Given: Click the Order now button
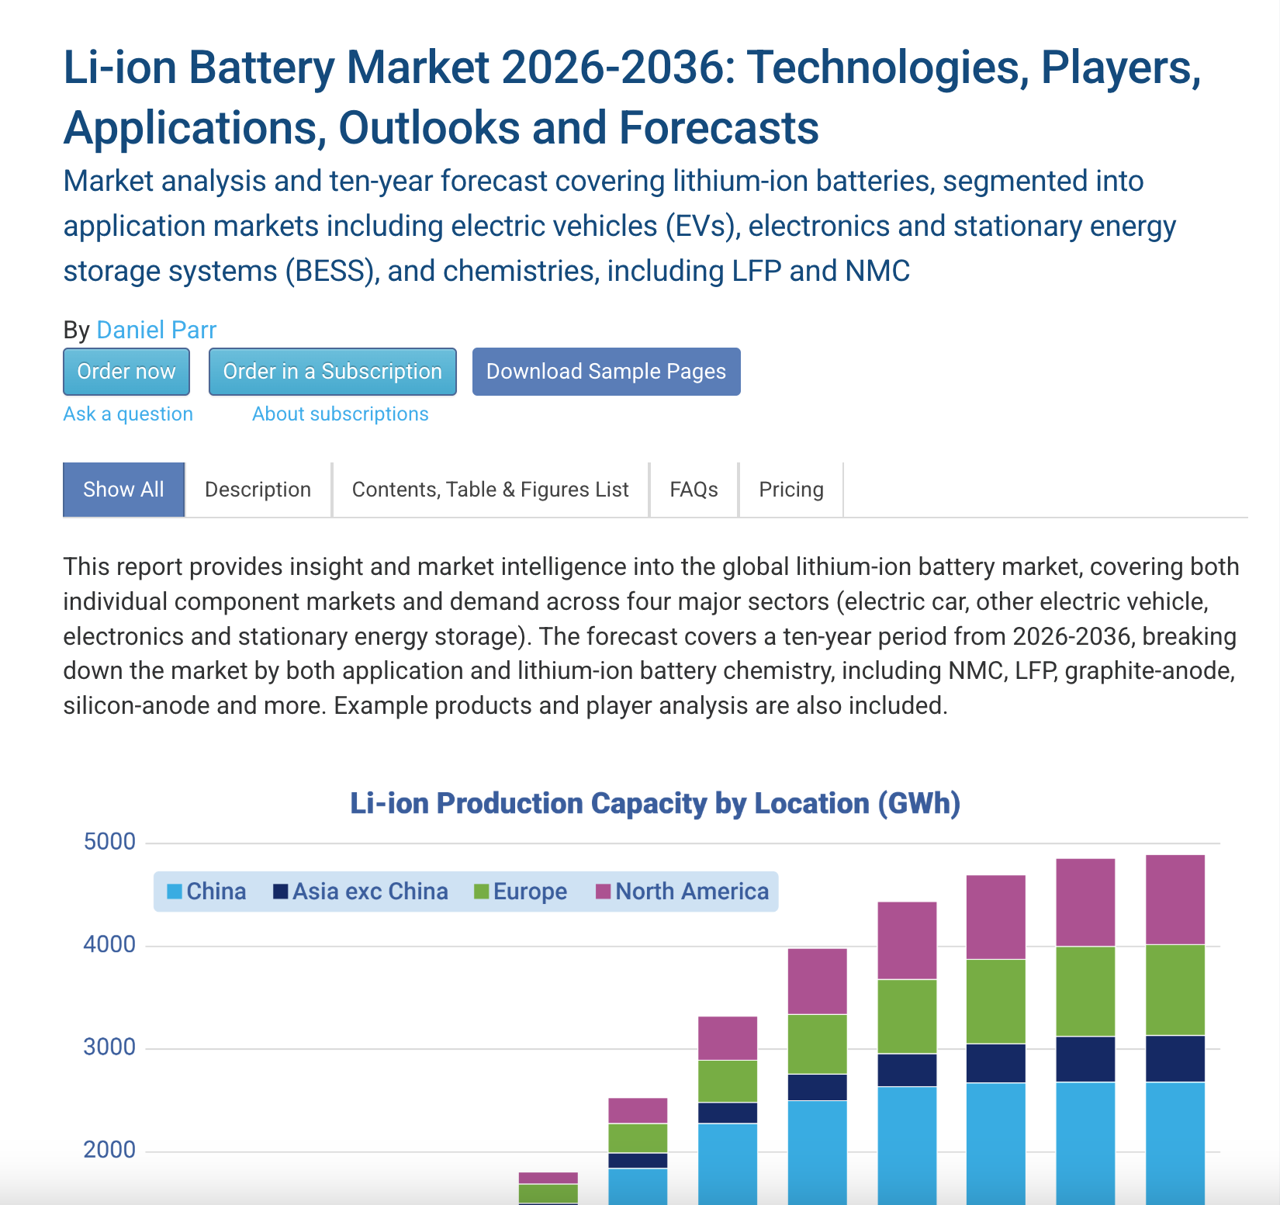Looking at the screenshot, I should (126, 372).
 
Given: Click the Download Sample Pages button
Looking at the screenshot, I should (606, 372).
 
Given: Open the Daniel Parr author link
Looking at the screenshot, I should (156, 330).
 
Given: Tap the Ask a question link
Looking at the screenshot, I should (128, 414).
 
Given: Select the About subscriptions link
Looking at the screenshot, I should (340, 414).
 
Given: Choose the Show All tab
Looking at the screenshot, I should (123, 490).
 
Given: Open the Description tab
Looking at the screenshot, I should (258, 490).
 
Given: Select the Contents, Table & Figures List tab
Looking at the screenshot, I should (490, 490).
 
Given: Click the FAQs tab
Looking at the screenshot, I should (694, 490).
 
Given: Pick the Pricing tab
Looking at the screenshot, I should (790, 490).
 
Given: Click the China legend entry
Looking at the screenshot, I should (206, 892).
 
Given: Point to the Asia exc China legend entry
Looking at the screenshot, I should (361, 892).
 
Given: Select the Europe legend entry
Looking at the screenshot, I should (521, 892).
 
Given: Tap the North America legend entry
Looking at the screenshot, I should (683, 892).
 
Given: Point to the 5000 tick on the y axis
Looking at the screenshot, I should (109, 842).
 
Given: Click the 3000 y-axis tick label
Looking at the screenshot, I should (109, 1047).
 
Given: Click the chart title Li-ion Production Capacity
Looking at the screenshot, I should (655, 803).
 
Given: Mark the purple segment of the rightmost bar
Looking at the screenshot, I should (1174, 900).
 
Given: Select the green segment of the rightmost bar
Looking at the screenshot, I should (1174, 990).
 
